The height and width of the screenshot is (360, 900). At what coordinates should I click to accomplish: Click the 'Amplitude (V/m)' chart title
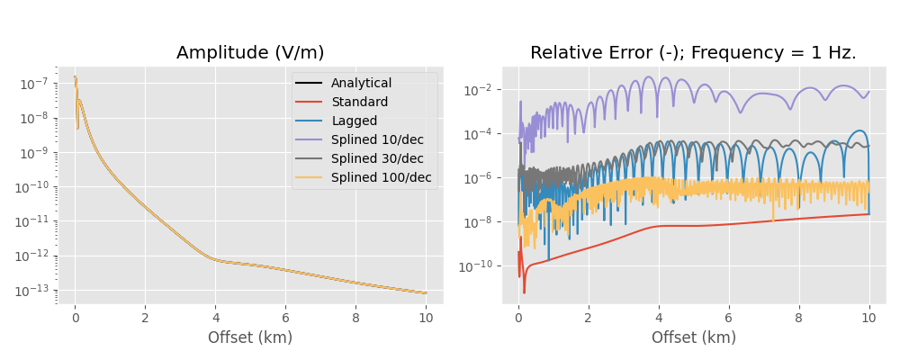tap(250, 53)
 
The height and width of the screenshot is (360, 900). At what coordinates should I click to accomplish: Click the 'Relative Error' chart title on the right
tap(693, 53)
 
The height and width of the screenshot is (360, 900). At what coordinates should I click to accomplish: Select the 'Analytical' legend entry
tap(361, 84)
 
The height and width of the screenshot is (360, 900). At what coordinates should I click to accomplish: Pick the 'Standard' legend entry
tap(359, 103)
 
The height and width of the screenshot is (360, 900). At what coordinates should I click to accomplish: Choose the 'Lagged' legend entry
tap(355, 121)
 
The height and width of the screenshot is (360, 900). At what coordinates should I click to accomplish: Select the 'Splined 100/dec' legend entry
tap(381, 178)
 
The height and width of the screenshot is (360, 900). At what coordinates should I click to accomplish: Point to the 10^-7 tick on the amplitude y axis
tap(34, 84)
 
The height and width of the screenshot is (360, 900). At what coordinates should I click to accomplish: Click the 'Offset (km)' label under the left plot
tap(250, 338)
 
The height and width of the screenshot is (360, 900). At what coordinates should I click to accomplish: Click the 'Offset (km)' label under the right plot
tap(693, 338)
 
